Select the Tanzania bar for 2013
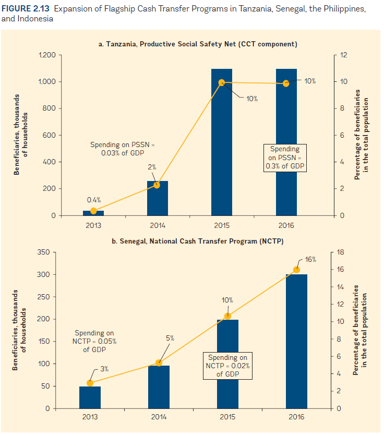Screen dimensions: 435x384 [x=93, y=213]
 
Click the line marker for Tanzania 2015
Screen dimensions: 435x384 [x=222, y=82]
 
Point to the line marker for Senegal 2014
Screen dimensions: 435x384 [x=159, y=363]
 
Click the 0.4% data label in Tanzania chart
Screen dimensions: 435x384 [x=93, y=200]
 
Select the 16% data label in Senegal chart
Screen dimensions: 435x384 [x=310, y=259]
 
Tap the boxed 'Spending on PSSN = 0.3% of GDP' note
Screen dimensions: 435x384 [x=285, y=158]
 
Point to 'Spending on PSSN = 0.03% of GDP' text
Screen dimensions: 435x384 [x=123, y=149]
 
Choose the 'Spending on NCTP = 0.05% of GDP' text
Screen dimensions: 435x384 [x=94, y=341]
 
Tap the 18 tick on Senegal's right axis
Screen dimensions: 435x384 [x=342, y=252]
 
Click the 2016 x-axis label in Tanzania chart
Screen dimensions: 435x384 [x=286, y=225]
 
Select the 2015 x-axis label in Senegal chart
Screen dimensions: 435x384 [x=227, y=417]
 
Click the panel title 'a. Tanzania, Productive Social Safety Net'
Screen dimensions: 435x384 [x=198, y=44]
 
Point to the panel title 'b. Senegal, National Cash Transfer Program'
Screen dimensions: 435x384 [x=198, y=241]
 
